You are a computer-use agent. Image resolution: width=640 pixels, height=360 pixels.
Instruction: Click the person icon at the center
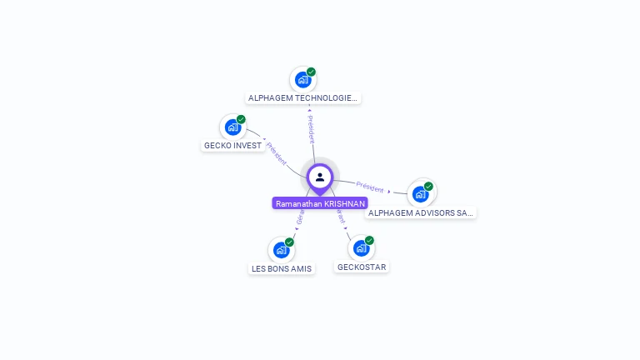320,177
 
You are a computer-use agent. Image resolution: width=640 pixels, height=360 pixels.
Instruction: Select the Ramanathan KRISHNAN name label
320,203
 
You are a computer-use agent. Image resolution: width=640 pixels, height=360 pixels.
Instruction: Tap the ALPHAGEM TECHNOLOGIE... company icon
302,80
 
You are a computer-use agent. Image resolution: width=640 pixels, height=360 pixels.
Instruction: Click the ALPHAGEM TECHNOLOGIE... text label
303,98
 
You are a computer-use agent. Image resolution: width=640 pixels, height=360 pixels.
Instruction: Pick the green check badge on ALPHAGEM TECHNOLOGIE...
311,72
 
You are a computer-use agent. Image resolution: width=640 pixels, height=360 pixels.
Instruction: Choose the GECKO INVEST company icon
232,127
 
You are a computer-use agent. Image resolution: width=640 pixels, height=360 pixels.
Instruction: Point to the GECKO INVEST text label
233,146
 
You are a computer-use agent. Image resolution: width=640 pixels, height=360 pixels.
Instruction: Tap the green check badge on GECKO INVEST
241,119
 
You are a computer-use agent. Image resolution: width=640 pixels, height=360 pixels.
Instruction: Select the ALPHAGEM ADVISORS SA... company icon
421,194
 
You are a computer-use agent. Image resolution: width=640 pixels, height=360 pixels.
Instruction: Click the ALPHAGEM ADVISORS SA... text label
421,213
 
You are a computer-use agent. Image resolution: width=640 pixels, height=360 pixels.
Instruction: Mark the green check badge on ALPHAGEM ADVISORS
428,187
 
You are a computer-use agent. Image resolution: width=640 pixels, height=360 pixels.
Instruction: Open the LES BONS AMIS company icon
282,250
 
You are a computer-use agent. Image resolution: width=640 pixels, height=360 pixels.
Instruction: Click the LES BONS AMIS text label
282,269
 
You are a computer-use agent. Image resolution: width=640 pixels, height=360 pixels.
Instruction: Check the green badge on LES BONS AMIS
289,242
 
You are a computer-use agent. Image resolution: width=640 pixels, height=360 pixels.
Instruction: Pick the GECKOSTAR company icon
361,248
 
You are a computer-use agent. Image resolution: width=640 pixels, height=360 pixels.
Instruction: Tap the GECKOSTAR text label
362,267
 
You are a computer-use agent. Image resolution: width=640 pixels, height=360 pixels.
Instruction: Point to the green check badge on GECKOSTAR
369,241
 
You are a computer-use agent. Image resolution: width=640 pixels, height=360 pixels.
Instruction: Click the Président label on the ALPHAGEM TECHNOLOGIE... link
310,125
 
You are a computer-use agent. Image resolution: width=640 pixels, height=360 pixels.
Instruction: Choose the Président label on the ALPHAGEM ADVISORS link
370,187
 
